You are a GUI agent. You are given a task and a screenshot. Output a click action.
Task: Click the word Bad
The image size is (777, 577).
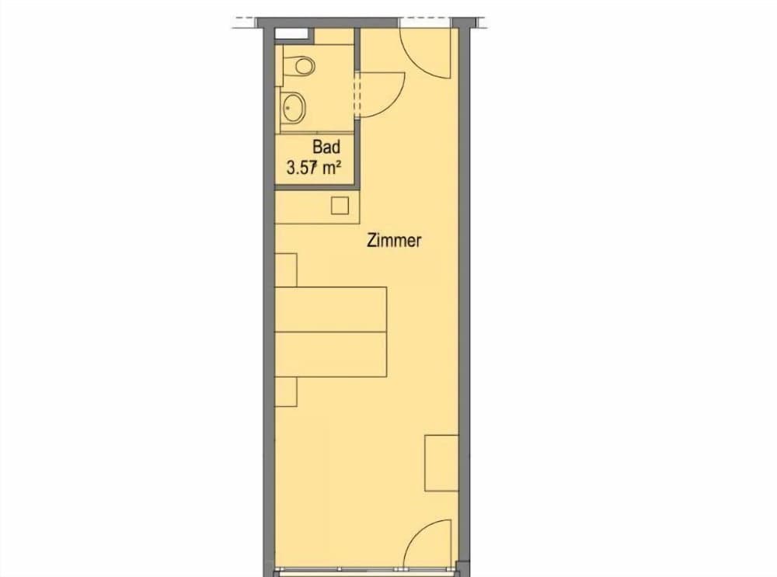click(x=326, y=147)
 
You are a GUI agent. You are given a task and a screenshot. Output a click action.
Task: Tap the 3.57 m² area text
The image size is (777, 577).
click(x=314, y=168)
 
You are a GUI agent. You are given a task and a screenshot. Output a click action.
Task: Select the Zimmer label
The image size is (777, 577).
click(x=394, y=240)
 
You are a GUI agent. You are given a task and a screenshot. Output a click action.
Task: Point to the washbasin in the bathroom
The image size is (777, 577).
click(x=294, y=107)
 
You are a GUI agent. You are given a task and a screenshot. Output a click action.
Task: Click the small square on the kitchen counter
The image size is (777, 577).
click(x=340, y=205)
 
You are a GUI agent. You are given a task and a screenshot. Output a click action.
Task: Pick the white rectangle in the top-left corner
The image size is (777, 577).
click(x=291, y=33)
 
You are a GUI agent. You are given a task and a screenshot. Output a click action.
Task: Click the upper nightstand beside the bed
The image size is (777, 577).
click(x=286, y=270)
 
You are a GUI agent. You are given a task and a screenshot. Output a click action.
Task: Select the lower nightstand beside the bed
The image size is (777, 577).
click(x=286, y=391)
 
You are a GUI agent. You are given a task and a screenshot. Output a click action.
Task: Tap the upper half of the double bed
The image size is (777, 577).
click(x=330, y=309)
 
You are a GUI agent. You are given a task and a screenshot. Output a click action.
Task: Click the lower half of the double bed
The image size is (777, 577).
click(x=330, y=354)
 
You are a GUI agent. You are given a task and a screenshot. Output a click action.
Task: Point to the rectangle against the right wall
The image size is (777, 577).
click(x=441, y=463)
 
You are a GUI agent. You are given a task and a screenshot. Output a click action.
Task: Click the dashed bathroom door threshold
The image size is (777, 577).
click(x=355, y=94)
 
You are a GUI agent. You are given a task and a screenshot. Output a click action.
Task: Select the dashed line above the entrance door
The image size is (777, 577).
click(x=425, y=21)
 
